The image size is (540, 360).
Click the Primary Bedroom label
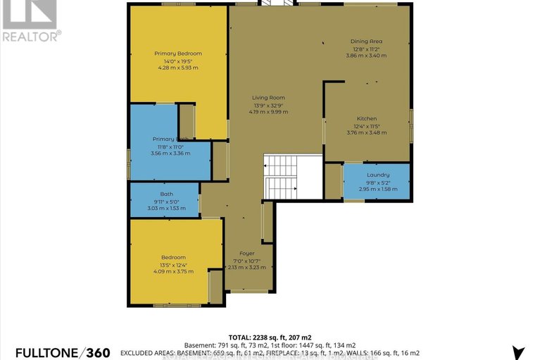(178, 54)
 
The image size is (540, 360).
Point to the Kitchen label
(366, 118)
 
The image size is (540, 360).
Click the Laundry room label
(378, 175)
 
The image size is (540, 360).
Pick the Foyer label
(246, 253)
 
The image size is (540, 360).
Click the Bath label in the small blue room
(166, 194)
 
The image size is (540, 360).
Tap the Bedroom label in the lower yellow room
(172, 257)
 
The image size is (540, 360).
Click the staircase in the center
(281, 177)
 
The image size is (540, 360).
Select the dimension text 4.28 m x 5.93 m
(178, 68)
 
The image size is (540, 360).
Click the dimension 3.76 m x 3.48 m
(366, 132)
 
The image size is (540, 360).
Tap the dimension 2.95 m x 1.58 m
(378, 189)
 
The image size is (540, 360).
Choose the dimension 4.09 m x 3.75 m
(172, 271)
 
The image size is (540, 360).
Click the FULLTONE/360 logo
(56, 352)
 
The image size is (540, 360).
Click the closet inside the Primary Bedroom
(187, 120)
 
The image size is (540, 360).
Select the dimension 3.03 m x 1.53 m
(166, 208)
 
